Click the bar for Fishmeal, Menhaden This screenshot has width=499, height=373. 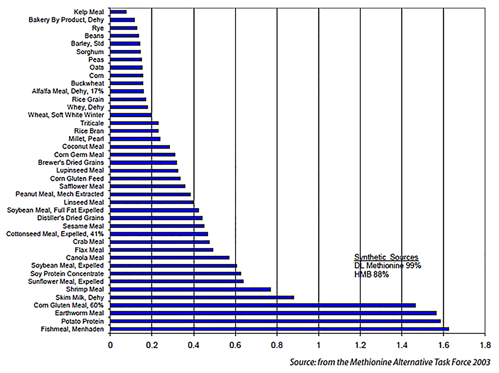coord(279,329)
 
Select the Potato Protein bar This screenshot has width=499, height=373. coord(275,321)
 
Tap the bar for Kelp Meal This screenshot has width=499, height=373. coord(118,12)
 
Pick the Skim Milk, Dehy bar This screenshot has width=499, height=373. coord(202,297)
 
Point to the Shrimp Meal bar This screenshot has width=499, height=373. coord(190,289)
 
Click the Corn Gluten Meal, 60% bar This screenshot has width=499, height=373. coord(263,305)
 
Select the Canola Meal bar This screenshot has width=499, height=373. coord(170,258)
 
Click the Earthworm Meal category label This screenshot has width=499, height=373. coord(79,313)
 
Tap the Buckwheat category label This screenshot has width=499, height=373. coord(87,84)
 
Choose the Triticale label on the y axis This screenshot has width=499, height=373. coord(92,123)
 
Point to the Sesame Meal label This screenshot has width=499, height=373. coord(83,226)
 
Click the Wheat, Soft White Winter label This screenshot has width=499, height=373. coord(66,115)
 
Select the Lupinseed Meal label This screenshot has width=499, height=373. coord(80,170)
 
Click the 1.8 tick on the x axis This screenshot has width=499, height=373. coord(485,345)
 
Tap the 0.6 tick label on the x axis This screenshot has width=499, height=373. coord(235,345)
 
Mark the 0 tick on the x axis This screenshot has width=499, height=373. coord(110,345)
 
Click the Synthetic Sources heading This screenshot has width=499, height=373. coord(386,257)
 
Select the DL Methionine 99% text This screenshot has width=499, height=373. coord(388,266)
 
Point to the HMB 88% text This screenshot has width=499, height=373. coord(371,275)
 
